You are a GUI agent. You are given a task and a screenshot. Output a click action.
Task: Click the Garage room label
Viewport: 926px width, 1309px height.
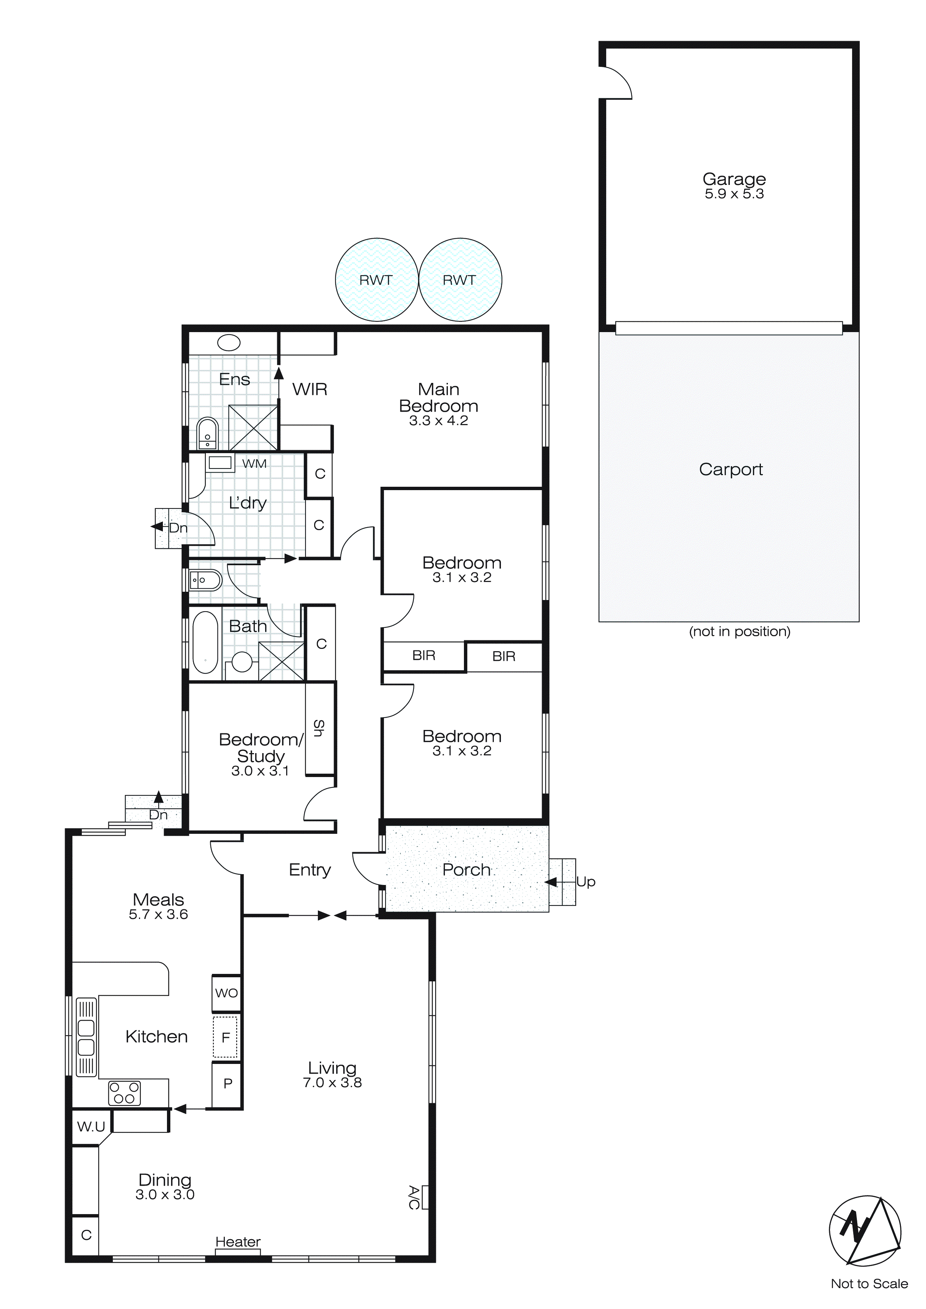734,179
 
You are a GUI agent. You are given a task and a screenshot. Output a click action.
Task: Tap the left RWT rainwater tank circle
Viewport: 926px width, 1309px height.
376,279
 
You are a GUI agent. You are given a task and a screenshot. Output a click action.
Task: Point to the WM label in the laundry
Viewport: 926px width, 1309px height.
254,464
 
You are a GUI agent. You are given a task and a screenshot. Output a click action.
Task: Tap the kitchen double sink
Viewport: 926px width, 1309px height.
86,1037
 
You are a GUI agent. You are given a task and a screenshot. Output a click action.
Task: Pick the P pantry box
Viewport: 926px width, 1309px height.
227,1083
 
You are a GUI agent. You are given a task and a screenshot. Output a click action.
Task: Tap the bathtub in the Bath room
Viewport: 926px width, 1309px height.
205,643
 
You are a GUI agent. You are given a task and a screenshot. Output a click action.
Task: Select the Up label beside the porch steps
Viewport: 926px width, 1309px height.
586,881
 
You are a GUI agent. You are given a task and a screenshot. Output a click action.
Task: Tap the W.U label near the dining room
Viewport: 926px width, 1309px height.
91,1127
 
